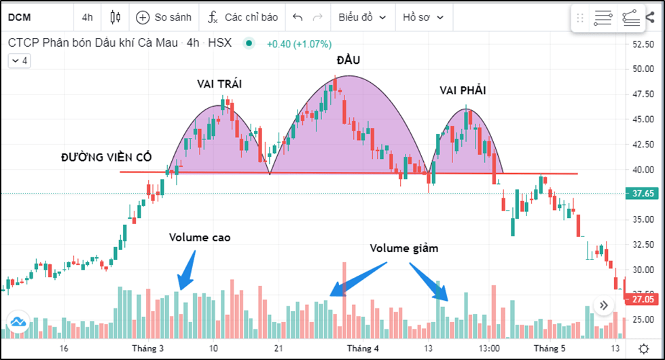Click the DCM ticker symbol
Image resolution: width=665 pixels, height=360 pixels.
point(19,17)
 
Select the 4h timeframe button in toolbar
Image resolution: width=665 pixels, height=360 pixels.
point(88,17)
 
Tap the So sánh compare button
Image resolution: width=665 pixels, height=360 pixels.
point(164,17)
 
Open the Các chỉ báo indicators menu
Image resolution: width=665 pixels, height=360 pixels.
point(243,17)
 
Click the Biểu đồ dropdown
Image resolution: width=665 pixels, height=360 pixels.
point(362,17)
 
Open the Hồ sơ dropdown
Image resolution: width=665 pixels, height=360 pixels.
point(423,17)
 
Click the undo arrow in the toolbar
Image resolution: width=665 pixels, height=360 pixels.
point(297,17)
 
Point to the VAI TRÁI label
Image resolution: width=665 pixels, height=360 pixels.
point(219,84)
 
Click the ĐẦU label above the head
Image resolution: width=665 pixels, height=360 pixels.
point(348,60)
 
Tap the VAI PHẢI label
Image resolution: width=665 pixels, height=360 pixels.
point(463,90)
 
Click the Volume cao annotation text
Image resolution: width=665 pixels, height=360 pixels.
point(200,237)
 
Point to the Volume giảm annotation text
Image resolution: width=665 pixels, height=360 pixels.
point(404,248)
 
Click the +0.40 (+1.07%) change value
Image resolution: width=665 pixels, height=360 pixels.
point(299,43)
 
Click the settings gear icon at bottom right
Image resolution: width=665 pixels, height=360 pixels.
point(643,348)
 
